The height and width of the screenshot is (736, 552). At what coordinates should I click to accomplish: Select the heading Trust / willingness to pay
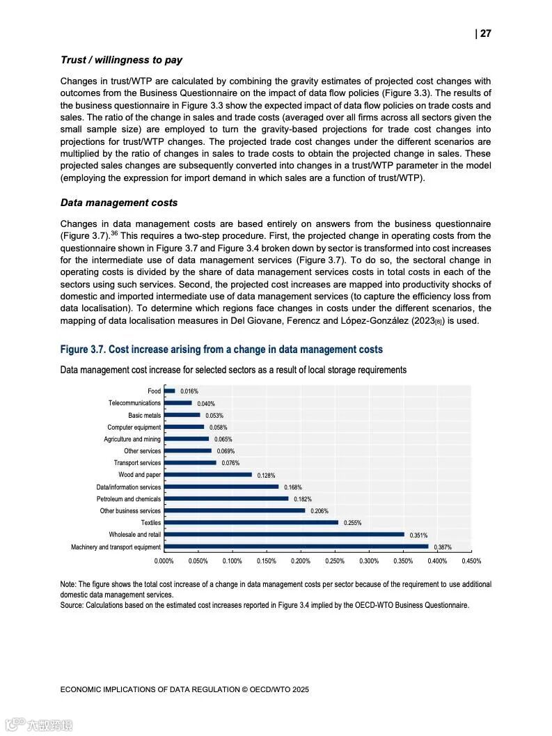pos(121,61)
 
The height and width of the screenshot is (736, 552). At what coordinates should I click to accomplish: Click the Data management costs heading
pos(119,203)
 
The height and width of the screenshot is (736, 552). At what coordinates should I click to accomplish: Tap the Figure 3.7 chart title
pos(221,349)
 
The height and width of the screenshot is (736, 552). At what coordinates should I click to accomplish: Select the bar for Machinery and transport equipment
pos(296,547)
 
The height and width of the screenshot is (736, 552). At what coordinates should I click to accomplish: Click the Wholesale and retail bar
pos(284,535)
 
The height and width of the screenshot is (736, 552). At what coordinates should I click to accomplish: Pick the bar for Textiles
pos(251,522)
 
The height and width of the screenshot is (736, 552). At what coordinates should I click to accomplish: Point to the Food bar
pos(169,391)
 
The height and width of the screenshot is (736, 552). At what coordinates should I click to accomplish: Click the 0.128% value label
pos(266,475)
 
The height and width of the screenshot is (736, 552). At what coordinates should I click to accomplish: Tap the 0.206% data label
pos(319,511)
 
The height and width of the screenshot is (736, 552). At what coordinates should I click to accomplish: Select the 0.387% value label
pos(442,547)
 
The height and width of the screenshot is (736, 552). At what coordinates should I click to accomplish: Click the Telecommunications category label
pos(134,403)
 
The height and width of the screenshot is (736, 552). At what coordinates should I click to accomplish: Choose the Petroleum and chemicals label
pos(128,499)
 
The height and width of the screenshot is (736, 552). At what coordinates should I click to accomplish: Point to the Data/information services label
pos(128,487)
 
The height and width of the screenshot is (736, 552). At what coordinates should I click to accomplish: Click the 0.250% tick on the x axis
pos(335,561)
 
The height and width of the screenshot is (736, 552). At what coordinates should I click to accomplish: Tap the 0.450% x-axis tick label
pos(471,561)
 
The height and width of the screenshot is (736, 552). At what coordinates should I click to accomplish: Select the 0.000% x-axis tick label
pos(164,561)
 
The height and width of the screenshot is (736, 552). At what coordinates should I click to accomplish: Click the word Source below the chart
pos(71,606)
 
